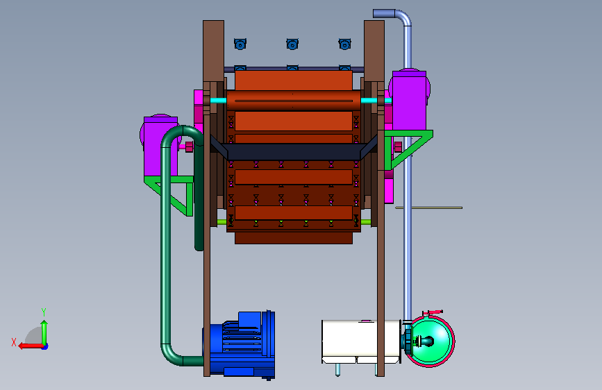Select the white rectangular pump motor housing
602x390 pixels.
[x=361, y=341]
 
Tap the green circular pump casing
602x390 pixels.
[x=430, y=341]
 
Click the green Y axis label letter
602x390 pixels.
[x=44, y=312]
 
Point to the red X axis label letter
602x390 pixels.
[x=14, y=342]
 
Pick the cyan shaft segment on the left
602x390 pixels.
[x=219, y=101]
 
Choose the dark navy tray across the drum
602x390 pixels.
[x=294, y=151]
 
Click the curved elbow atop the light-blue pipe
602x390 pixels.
[x=402, y=17]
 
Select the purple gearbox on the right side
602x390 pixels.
[x=409, y=100]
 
